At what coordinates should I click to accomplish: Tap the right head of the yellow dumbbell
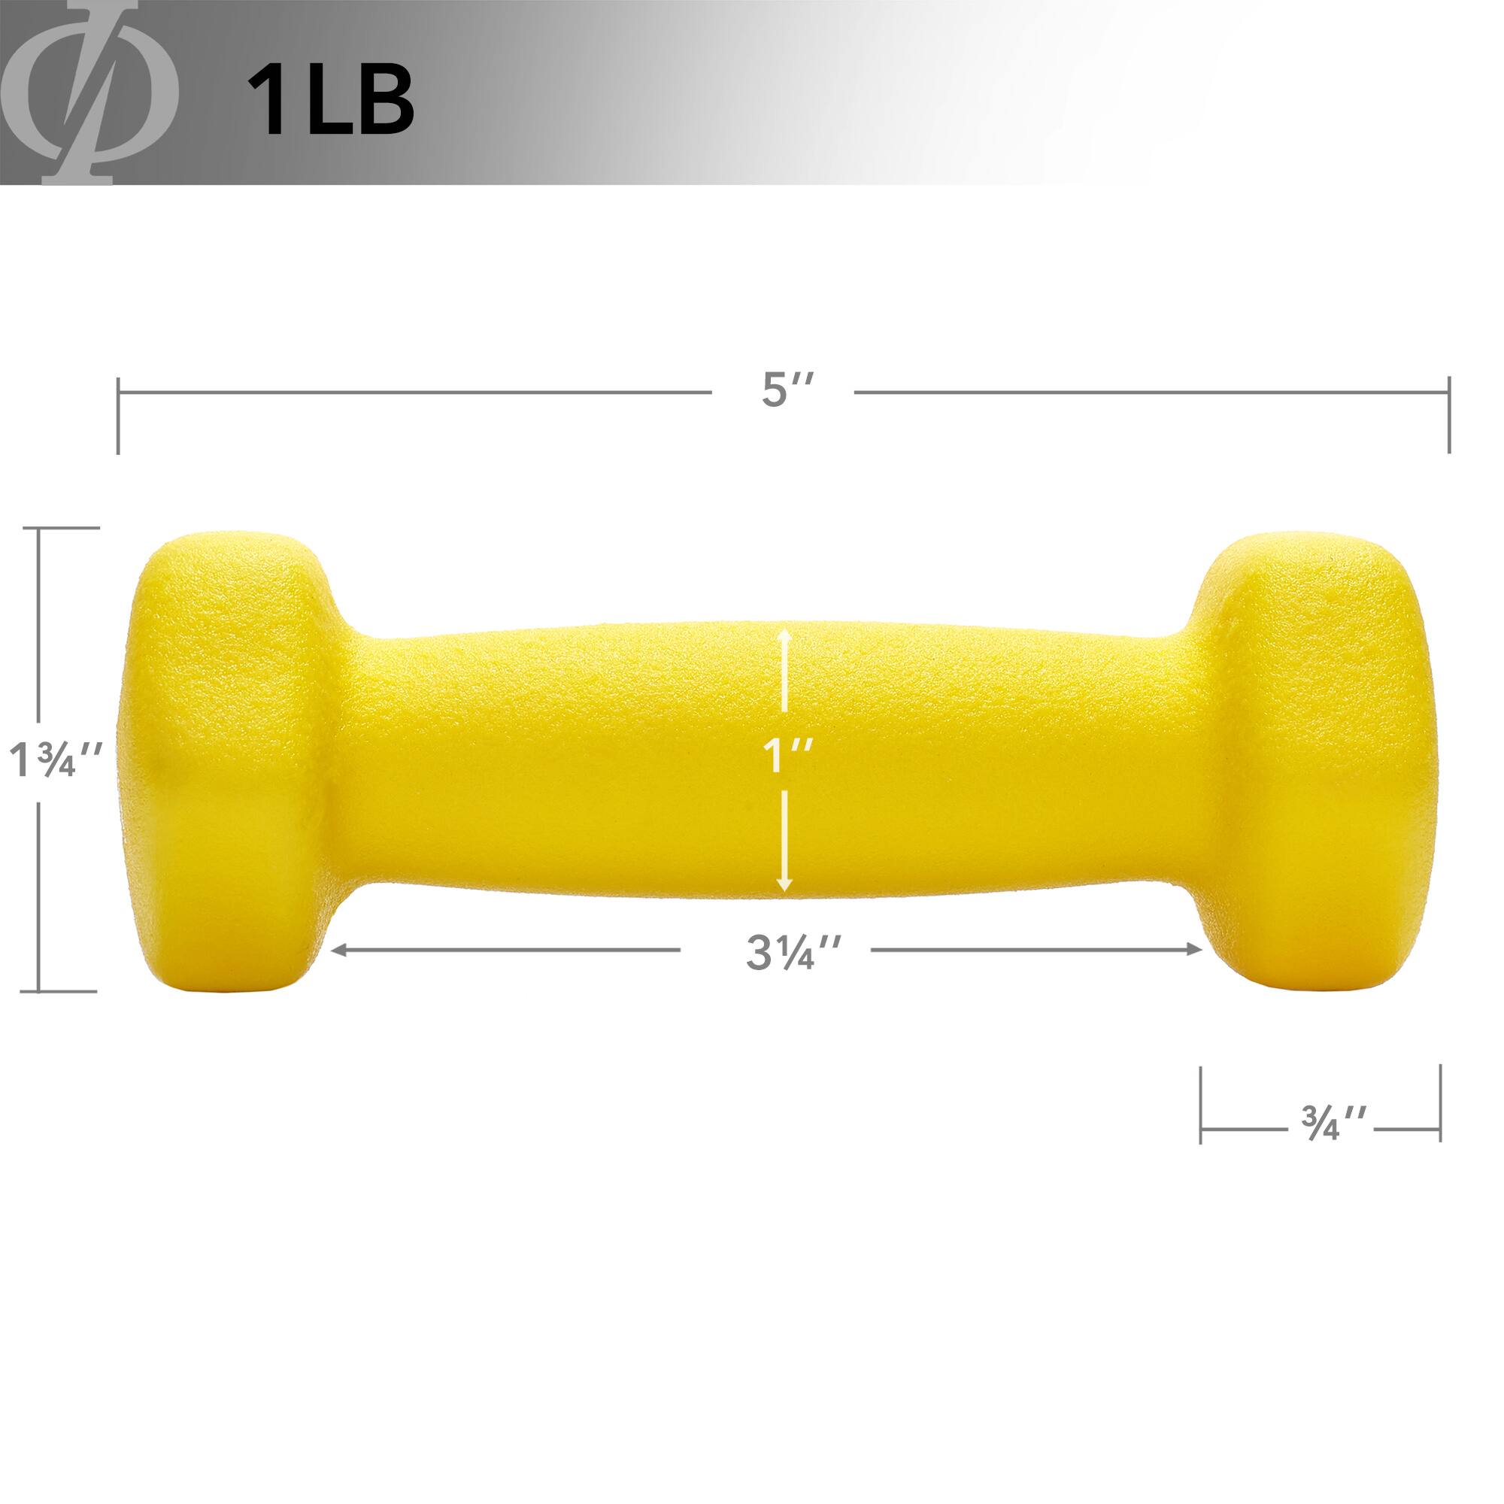tap(1296, 759)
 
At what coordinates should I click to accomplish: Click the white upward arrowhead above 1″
tap(786, 637)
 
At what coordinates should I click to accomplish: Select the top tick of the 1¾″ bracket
tap(66, 528)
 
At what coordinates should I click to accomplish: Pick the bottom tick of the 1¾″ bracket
tap(66, 991)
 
